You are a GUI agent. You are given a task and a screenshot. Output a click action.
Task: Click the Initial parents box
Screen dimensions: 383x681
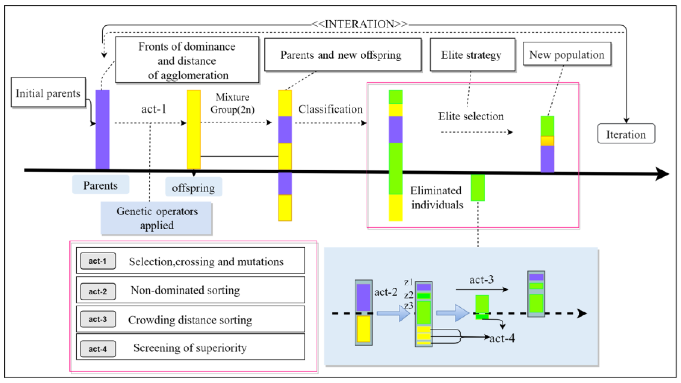[48, 93]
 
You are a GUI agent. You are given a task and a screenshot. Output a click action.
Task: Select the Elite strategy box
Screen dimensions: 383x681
[472, 55]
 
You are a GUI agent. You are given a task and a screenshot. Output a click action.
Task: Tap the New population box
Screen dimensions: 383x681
[567, 55]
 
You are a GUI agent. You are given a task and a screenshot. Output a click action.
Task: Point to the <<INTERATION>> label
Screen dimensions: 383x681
[359, 24]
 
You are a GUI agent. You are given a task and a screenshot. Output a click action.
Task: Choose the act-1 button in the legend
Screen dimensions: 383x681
[98, 261]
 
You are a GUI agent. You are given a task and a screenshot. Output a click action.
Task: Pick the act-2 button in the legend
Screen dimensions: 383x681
[98, 291]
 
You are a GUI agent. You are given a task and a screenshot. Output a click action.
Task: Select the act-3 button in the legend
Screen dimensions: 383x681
[98, 319]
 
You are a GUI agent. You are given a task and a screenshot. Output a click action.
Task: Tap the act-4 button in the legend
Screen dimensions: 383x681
[98, 349]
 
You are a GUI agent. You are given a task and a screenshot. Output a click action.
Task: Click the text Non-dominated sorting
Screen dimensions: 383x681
[185, 290]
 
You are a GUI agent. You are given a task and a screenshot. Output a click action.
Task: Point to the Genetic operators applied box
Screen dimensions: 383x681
[156, 218]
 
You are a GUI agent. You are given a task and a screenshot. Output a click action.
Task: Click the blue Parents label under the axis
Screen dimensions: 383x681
[101, 185]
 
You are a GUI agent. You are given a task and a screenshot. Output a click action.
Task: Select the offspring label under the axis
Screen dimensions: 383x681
[193, 188]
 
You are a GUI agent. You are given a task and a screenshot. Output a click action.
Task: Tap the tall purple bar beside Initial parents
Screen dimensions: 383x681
[102, 129]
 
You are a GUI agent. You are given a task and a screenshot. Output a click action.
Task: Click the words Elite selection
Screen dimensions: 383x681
[471, 116]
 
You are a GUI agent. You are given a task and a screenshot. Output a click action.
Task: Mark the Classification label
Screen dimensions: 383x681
[330, 109]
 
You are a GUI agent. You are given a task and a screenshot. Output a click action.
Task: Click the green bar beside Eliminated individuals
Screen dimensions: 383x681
[477, 187]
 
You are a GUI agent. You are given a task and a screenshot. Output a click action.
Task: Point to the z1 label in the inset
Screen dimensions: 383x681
[408, 282]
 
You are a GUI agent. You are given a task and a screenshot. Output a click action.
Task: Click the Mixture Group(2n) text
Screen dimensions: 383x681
[232, 103]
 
